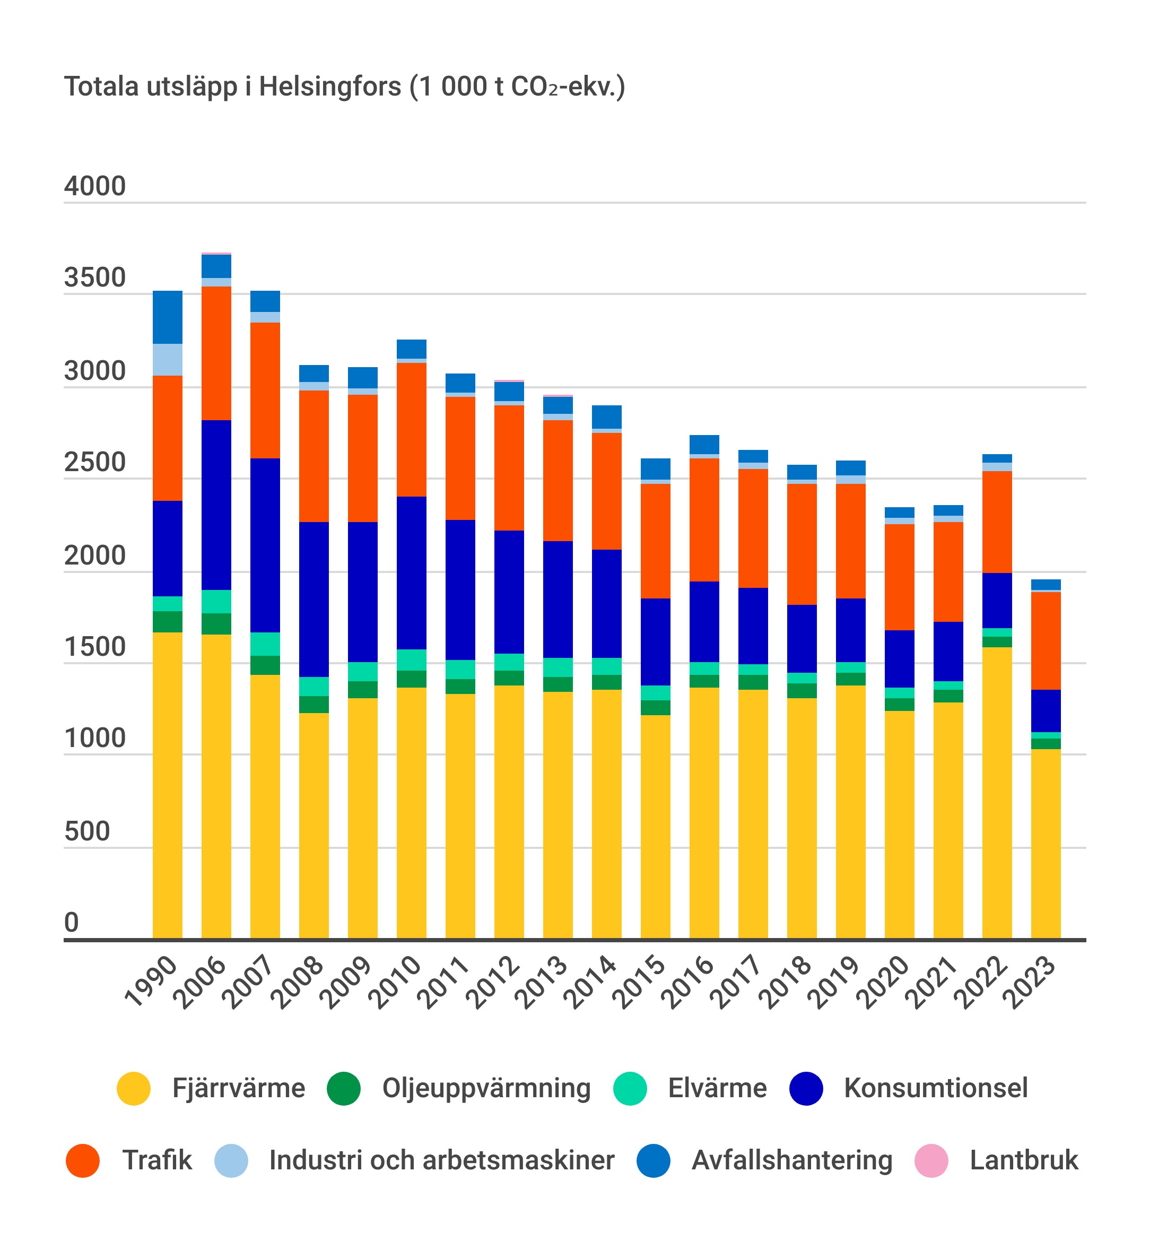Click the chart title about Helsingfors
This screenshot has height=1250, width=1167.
coord(345,87)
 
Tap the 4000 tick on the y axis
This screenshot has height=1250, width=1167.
coord(95,186)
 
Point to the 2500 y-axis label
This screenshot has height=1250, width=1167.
coord(95,462)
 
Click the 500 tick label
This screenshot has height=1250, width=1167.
coord(87,831)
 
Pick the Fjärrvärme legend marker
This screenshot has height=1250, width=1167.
coord(134,1088)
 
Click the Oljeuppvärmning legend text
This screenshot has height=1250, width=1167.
coord(486,1088)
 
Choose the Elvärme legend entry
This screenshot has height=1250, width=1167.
coord(717,1088)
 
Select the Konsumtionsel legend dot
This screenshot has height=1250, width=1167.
coord(806,1088)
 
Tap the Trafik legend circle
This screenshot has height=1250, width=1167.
coord(83,1160)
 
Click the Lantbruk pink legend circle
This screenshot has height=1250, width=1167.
coord(930,1160)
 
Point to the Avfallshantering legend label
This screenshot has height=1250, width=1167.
coord(791,1160)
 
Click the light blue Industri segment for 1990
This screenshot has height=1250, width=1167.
coord(167,360)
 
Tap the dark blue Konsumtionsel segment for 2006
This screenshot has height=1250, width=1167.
coord(216,505)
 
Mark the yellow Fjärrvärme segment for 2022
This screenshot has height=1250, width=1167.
coord(997,792)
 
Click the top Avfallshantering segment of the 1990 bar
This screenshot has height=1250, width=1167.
coord(167,317)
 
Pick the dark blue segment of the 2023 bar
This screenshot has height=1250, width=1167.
coord(1046,710)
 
